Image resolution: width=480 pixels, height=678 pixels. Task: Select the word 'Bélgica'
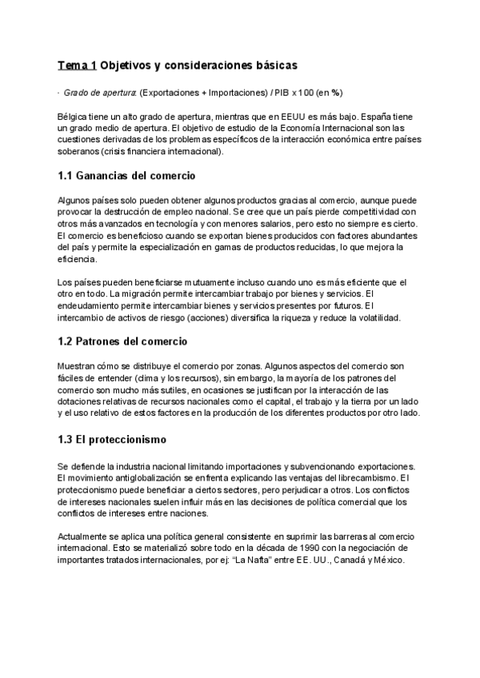tap(74, 117)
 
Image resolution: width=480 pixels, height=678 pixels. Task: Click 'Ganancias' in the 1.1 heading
tap(109, 175)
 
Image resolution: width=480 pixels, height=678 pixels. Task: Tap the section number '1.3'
tap(68, 440)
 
